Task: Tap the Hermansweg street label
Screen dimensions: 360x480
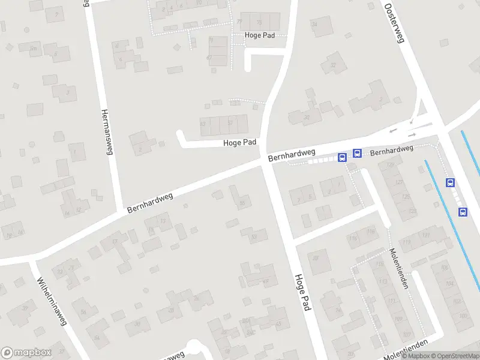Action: point(107,131)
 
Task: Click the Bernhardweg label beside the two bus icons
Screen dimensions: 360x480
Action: point(392,151)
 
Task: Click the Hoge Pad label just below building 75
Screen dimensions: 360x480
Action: point(260,35)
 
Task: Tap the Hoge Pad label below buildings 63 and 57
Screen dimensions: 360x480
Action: point(240,143)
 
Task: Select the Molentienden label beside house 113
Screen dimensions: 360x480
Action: point(398,268)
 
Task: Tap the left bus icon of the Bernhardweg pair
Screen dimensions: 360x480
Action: point(343,158)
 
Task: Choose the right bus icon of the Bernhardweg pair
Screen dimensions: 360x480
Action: point(357,153)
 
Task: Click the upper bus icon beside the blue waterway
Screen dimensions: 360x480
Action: point(450,182)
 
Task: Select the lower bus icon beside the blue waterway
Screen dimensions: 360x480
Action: point(463,211)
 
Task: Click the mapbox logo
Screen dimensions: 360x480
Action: point(26,352)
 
